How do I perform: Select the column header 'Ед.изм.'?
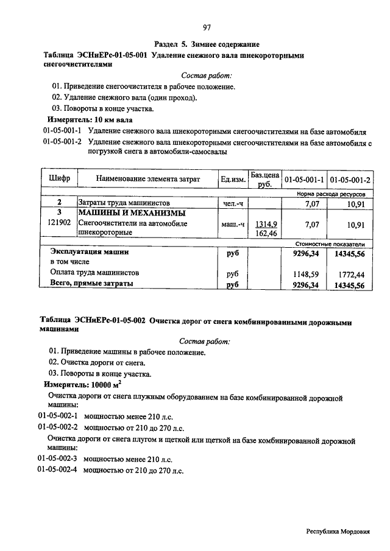pyautogui.click(x=233, y=179)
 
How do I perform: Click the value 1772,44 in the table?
pyautogui.click(x=352, y=274)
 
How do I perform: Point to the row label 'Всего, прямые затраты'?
pyautogui.click(x=91, y=284)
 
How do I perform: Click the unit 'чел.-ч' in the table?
pyautogui.click(x=233, y=203)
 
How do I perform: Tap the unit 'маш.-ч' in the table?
pyautogui.click(x=233, y=225)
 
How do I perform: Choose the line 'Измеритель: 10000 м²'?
pyautogui.click(x=83, y=385)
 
